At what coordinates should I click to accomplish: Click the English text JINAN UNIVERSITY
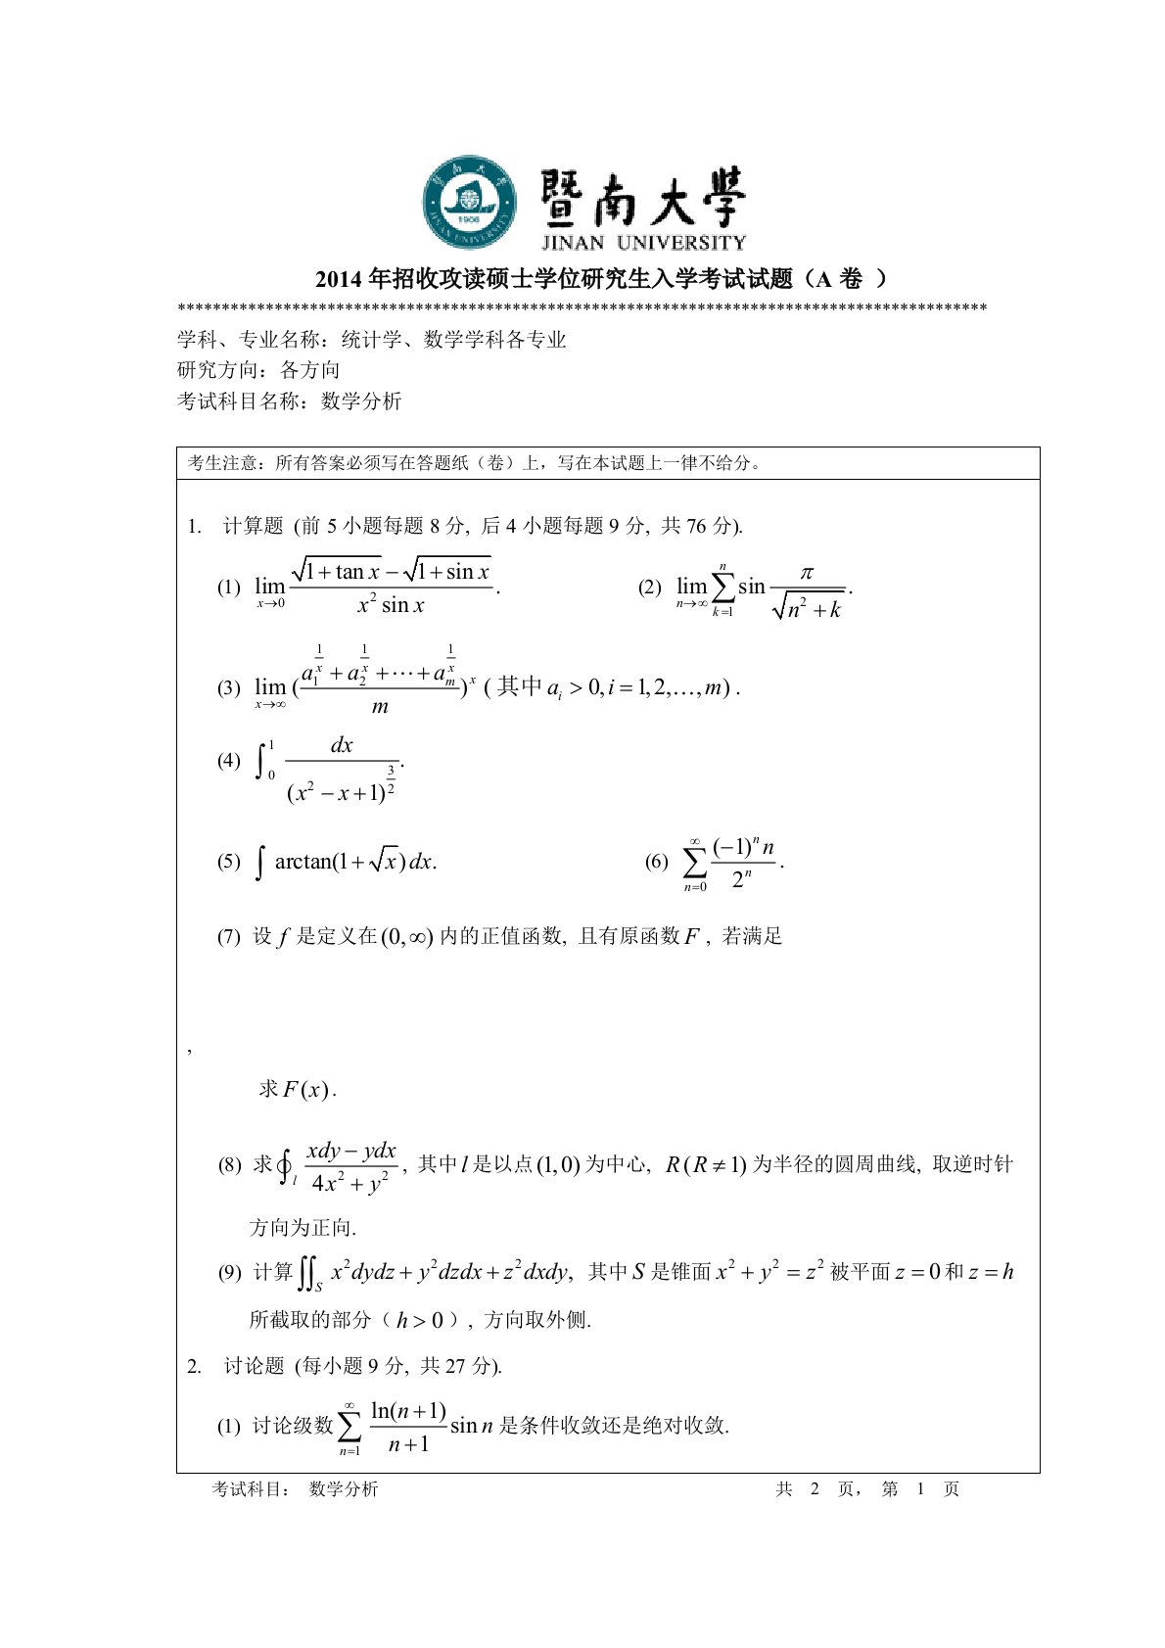point(643,242)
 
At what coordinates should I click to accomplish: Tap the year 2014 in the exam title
point(338,280)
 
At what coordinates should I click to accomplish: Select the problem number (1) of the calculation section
point(228,587)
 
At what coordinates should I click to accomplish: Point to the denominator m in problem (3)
point(380,706)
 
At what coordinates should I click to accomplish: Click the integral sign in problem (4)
point(260,761)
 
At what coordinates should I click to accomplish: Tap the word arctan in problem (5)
point(303,862)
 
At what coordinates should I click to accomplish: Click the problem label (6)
point(656,862)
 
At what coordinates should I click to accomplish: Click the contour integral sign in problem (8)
point(285,1165)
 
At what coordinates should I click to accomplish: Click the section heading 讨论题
point(254,1366)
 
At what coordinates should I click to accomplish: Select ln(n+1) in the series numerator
point(408,1411)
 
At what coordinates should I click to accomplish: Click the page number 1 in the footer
point(920,1489)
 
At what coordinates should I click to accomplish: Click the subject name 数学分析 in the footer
point(343,1489)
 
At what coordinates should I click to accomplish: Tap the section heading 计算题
point(253,526)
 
